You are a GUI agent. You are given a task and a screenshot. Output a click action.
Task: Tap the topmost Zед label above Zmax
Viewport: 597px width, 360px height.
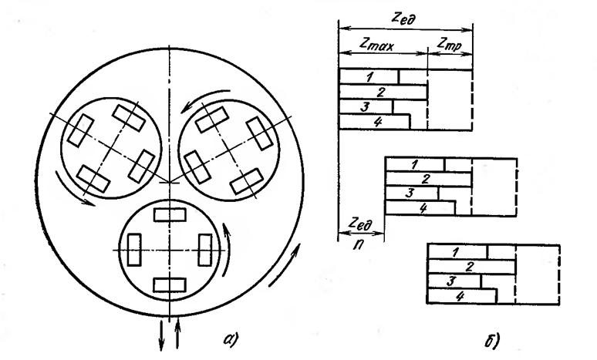pyautogui.click(x=403, y=15)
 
